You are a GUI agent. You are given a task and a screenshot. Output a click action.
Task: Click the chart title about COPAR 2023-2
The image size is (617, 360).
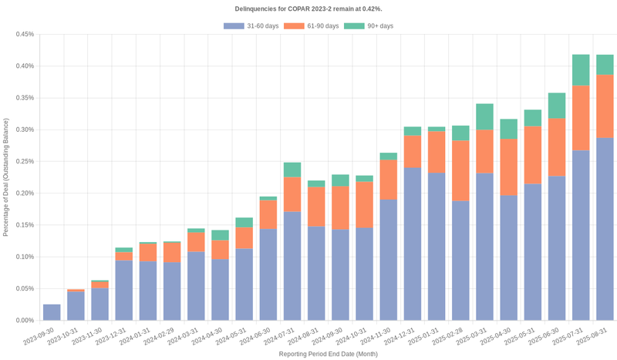(x=308, y=8)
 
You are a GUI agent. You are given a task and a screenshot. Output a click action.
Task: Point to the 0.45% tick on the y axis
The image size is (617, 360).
(x=24, y=34)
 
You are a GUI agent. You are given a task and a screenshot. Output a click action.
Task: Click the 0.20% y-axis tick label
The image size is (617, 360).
(x=24, y=193)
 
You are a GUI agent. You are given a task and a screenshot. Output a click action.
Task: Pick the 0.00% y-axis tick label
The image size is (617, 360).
(x=24, y=320)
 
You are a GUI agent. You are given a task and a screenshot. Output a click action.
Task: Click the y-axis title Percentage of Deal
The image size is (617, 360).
(x=6, y=177)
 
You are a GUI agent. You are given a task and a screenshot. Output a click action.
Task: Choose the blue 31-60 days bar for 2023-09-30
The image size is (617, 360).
(x=52, y=312)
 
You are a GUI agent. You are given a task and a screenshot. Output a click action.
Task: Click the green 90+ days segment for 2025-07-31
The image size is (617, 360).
(x=581, y=70)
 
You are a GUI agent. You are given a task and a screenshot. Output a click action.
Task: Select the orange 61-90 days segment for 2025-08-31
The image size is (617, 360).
(x=605, y=106)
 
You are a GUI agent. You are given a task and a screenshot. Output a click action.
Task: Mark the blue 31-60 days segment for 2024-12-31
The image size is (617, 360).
(x=413, y=244)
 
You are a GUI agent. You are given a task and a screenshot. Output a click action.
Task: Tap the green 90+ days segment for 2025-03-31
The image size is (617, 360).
(x=484, y=116)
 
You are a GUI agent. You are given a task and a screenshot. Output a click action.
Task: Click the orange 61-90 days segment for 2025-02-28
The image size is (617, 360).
(x=460, y=170)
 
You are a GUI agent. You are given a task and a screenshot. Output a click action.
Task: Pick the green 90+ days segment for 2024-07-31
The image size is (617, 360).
(x=292, y=170)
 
